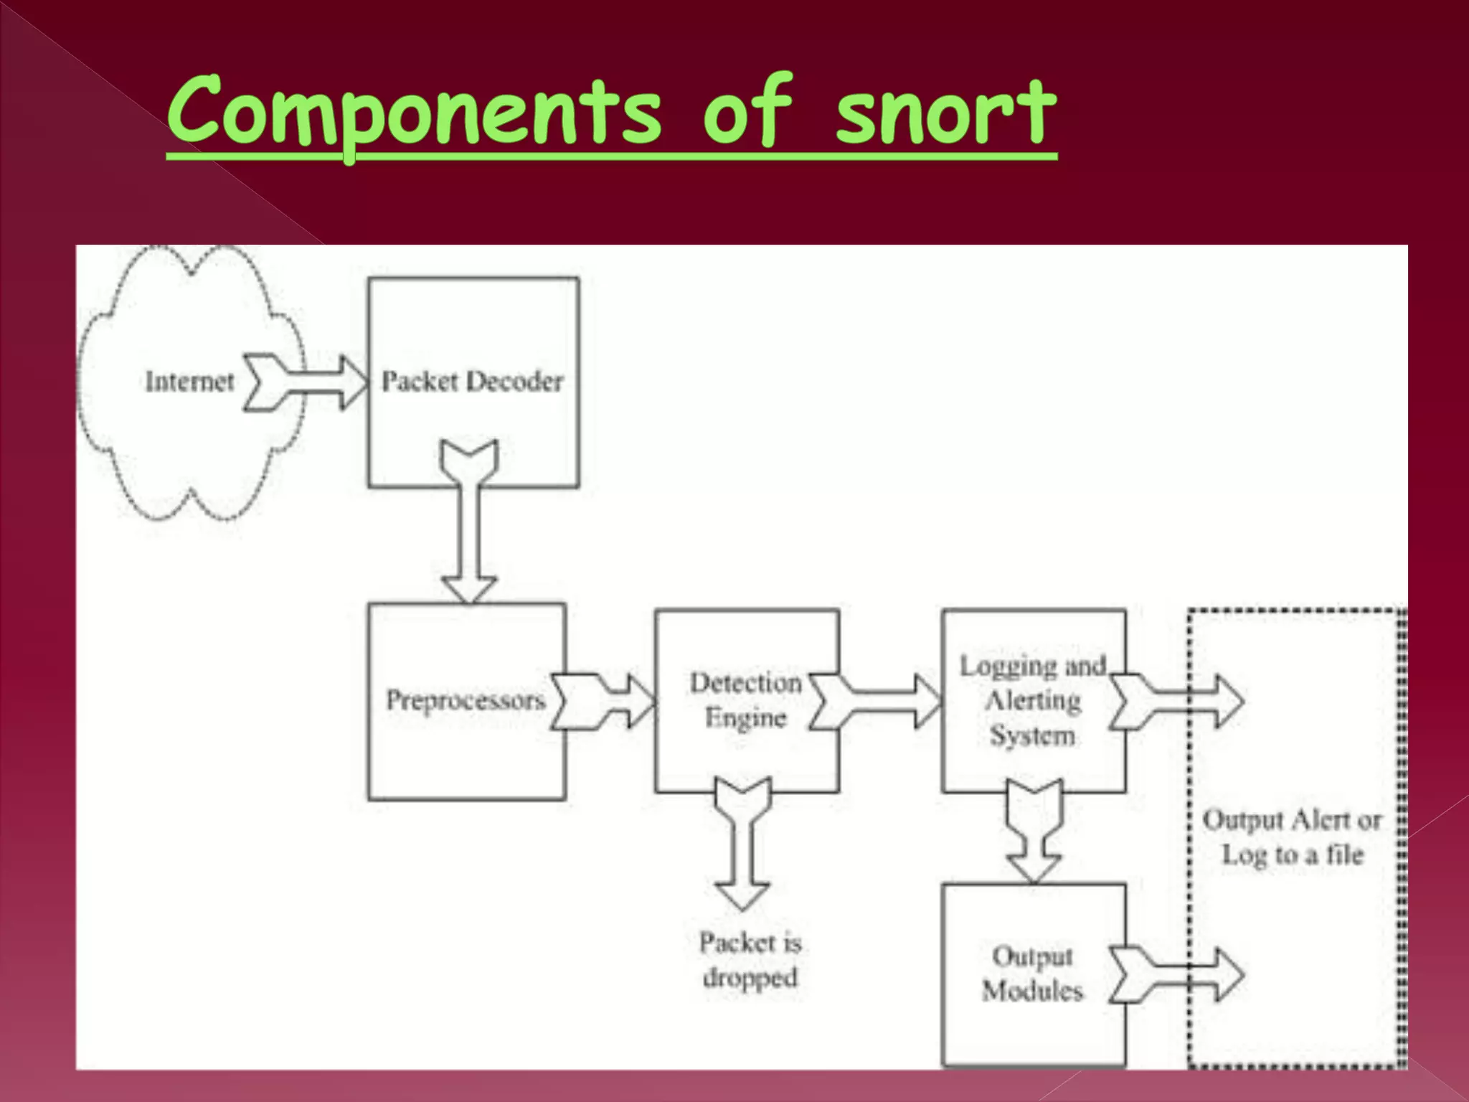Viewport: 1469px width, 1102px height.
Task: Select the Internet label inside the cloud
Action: [189, 382]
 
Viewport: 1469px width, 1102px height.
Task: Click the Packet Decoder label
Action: [472, 382]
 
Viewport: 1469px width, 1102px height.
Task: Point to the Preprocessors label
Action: [466, 700]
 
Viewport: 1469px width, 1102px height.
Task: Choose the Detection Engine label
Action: [745, 700]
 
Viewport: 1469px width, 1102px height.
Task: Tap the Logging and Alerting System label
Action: [1033, 700]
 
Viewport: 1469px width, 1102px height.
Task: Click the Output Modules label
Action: [1032, 974]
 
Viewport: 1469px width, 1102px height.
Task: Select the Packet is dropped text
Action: [750, 960]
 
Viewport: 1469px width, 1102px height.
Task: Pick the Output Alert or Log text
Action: [1292, 837]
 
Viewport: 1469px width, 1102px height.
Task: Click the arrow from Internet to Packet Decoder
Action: [305, 382]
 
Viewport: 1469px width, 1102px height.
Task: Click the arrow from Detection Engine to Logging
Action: [875, 701]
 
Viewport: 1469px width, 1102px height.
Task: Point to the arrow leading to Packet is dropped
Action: [743, 843]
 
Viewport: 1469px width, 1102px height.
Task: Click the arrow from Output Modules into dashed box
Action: [1176, 974]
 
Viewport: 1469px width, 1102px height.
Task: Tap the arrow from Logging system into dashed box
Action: [1176, 702]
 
